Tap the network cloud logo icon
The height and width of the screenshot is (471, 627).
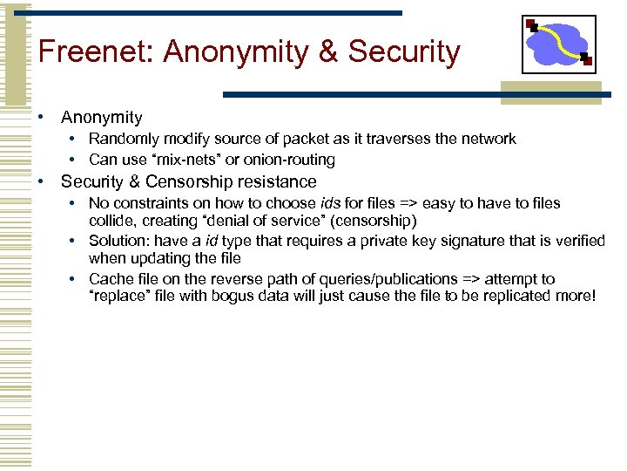[x=558, y=44]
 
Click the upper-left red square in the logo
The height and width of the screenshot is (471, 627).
[x=530, y=24]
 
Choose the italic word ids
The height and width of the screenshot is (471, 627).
[x=332, y=203]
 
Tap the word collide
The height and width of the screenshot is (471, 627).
[x=112, y=219]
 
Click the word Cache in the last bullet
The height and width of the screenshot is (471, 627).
[x=110, y=279]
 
